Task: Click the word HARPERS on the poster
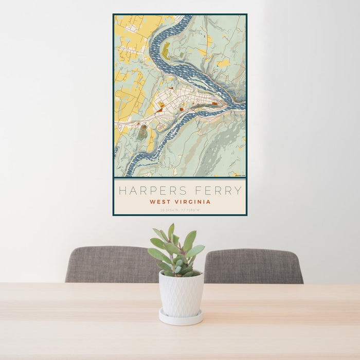tap(152, 191)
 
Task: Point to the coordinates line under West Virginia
tap(180, 210)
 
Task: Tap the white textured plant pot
tap(181, 294)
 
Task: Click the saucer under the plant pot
tap(180, 318)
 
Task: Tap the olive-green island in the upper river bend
tap(166, 51)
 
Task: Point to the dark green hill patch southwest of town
tap(142, 133)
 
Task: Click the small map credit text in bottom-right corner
tap(239, 175)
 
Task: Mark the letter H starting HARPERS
tap(122, 191)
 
